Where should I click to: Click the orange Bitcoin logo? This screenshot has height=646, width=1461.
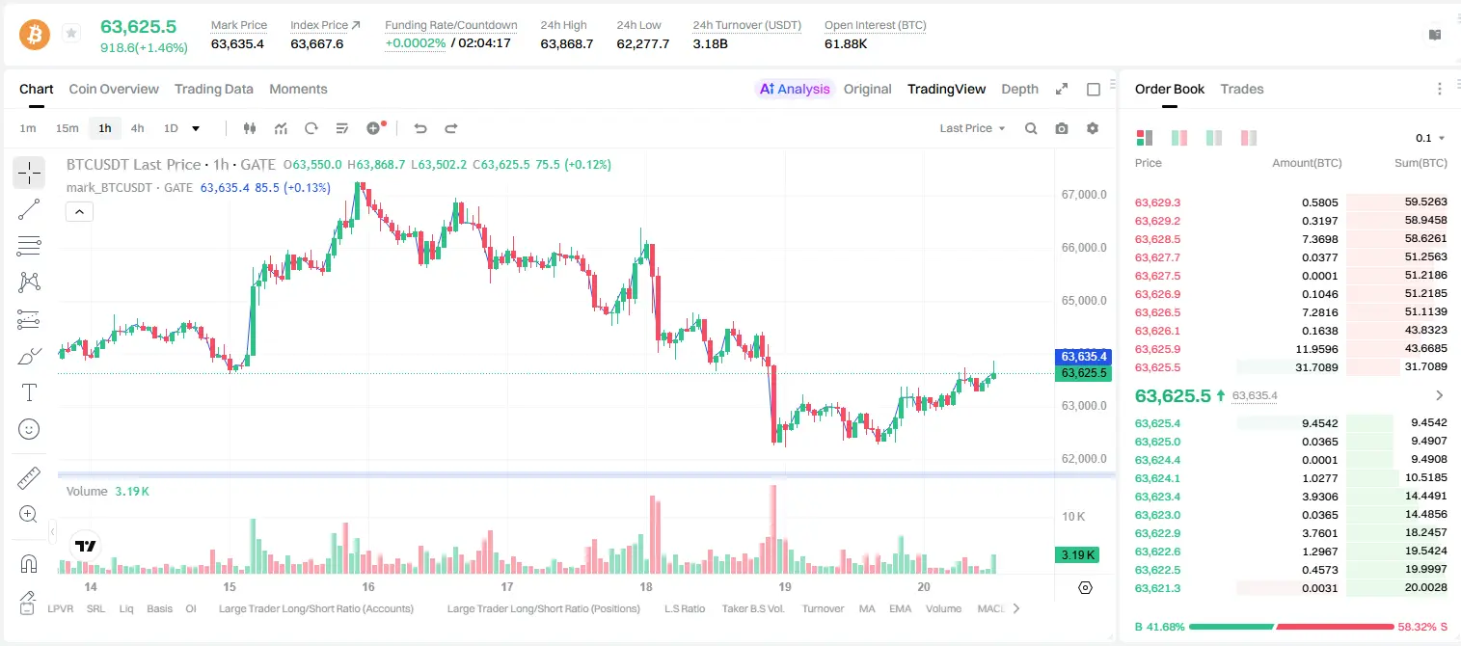tap(35, 35)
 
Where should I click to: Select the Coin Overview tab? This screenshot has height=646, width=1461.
tap(114, 89)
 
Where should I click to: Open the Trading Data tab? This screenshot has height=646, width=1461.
tap(213, 89)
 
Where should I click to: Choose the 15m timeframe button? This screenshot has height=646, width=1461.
tap(68, 128)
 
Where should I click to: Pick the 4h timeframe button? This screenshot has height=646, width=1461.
tap(137, 128)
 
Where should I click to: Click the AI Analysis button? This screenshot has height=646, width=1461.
tap(795, 89)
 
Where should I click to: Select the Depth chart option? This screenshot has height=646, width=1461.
tap(1019, 89)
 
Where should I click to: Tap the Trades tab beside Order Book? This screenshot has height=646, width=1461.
tap(1242, 89)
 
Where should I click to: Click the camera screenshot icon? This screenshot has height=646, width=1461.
tap(1062, 128)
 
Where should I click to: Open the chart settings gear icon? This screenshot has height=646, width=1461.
tap(1093, 128)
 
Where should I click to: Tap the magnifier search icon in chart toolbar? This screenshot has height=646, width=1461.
tap(1031, 128)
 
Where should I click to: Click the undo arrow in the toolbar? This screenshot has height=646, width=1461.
tap(420, 128)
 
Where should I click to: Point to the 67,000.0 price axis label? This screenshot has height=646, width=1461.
tap(1084, 194)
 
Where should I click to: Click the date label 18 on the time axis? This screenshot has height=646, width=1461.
tap(646, 586)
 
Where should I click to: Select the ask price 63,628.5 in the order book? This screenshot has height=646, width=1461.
tap(1158, 239)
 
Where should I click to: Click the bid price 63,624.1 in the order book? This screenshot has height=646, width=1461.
tap(1158, 478)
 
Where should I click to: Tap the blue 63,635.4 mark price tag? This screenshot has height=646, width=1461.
tap(1083, 357)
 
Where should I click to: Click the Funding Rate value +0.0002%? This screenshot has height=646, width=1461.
tap(416, 43)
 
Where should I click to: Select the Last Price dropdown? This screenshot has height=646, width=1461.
tap(972, 128)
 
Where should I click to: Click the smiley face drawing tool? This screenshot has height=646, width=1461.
tap(29, 429)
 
